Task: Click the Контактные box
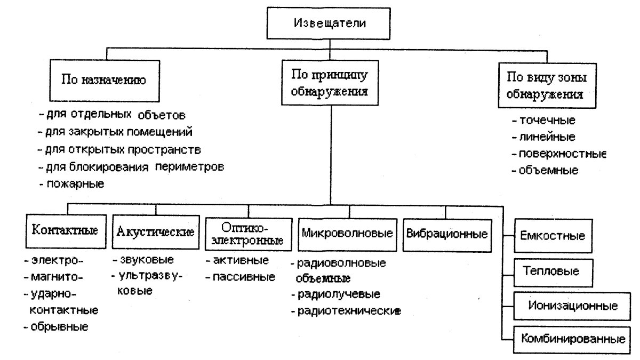coord(65,231)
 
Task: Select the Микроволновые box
coord(347,234)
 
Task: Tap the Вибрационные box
coord(446,234)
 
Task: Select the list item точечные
coord(543,121)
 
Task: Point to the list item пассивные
coord(243,277)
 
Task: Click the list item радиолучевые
coord(339,294)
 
